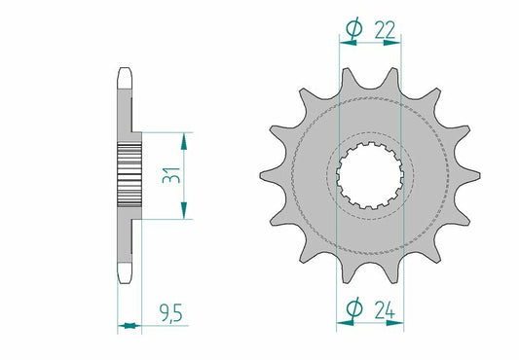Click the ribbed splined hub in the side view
click(129, 175)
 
